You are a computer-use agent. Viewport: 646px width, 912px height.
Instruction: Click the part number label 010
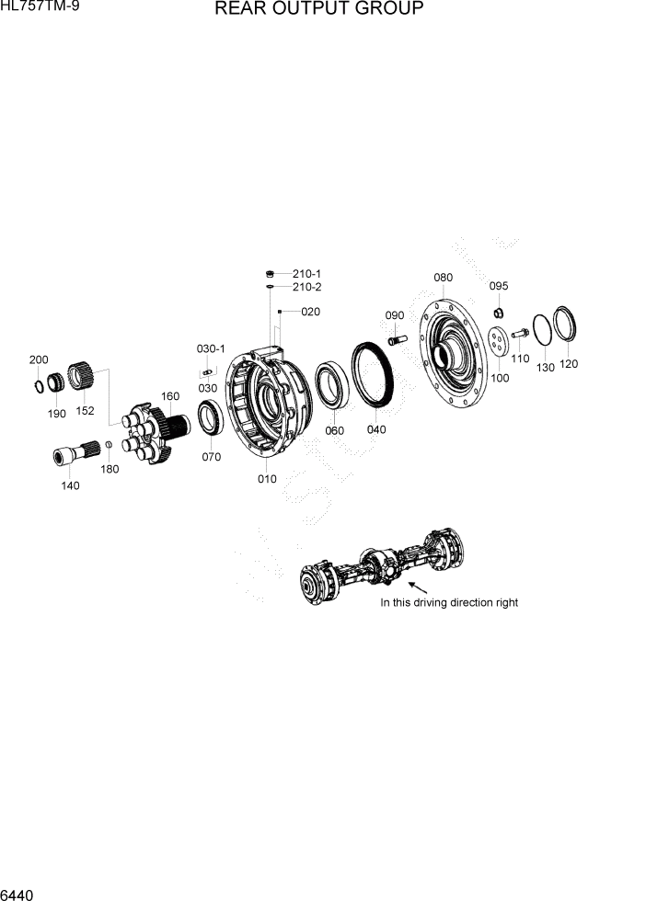267,478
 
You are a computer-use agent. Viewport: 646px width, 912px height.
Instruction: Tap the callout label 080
443,278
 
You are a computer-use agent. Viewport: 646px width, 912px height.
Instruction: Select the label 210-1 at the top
306,274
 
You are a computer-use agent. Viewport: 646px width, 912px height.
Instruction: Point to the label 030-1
211,348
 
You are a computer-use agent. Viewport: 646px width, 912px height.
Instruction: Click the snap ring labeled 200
40,384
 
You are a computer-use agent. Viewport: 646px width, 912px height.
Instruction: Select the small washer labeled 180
109,446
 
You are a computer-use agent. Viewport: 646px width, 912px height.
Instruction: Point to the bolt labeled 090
398,339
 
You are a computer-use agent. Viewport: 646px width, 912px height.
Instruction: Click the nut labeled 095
498,308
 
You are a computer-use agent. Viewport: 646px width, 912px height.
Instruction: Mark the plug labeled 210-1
271,273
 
